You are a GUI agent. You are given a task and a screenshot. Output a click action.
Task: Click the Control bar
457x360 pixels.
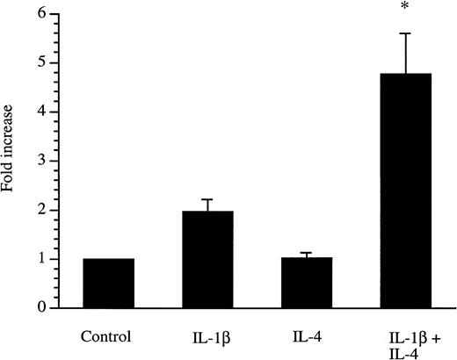click(x=108, y=283)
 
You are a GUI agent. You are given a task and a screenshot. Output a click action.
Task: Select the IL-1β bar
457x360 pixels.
click(x=207, y=260)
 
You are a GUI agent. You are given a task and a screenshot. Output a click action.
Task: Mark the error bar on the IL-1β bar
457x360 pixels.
click(x=207, y=205)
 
